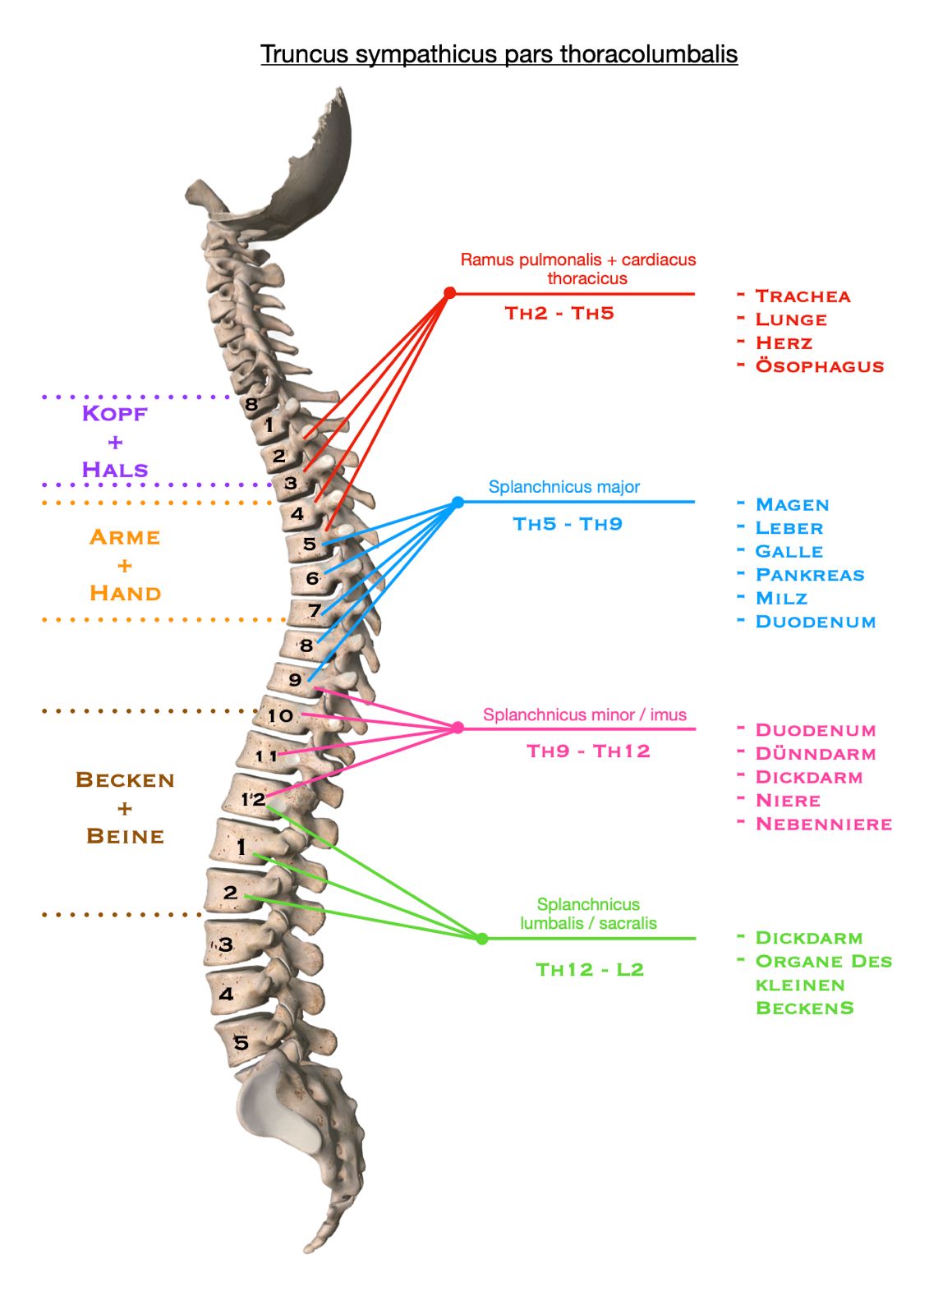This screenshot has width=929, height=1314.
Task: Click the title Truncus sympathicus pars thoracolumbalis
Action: [499, 54]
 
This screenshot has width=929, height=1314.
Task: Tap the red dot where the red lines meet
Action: [449, 292]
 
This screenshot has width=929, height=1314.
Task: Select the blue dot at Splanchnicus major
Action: [458, 502]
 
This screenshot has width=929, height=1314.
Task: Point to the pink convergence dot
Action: [458, 728]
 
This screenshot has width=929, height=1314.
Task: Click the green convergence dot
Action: [482, 939]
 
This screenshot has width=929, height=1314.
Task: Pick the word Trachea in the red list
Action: [803, 296]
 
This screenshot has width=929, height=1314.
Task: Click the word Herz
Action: [784, 342]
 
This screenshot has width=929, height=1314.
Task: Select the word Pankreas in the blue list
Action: [810, 575]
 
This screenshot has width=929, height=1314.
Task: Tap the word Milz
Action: [781, 599]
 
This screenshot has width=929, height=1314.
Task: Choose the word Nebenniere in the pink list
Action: [823, 825]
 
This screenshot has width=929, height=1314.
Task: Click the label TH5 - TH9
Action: [568, 524]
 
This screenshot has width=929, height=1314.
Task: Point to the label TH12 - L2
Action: [590, 970]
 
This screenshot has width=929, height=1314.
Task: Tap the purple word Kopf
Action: [114, 414]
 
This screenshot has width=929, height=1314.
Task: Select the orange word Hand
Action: [125, 593]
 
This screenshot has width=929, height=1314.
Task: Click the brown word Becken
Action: [125, 780]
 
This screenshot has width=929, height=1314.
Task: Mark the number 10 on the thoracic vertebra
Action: [280, 715]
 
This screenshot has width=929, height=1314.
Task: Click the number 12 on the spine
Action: [253, 799]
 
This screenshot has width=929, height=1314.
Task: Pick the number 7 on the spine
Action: [315, 611]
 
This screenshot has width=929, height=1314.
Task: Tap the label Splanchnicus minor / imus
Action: [585, 715]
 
